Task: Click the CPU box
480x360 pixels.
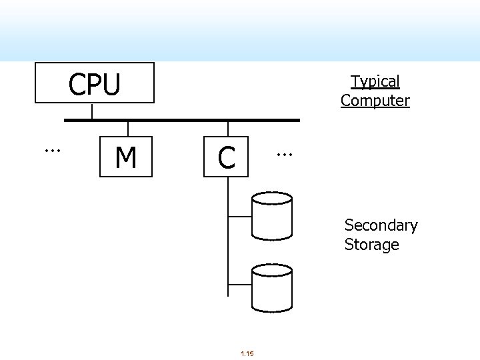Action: point(94,83)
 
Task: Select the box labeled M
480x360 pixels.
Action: point(126,157)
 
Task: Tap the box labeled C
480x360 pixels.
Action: point(227,157)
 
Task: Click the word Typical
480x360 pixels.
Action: point(375,81)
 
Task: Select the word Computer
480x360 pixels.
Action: point(375,101)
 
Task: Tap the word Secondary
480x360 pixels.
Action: point(381,225)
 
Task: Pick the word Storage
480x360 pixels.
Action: point(371,245)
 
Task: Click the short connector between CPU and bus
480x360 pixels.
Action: point(92,111)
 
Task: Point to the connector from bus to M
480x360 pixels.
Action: point(127,129)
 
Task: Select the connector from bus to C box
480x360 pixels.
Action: point(228,129)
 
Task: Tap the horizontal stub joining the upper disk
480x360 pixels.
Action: point(239,216)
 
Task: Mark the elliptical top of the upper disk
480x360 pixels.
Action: point(272,198)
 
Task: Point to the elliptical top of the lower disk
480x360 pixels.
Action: point(272,269)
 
